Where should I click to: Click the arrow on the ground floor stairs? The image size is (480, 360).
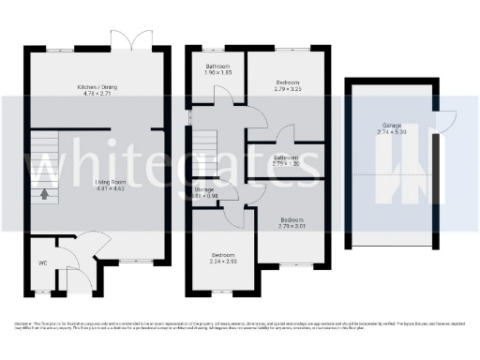click(x=44, y=195)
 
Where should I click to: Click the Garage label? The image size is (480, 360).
click(x=393, y=125)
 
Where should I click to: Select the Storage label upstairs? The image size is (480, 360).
click(x=204, y=190)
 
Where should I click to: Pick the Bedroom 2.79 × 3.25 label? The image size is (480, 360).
click(x=288, y=82)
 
